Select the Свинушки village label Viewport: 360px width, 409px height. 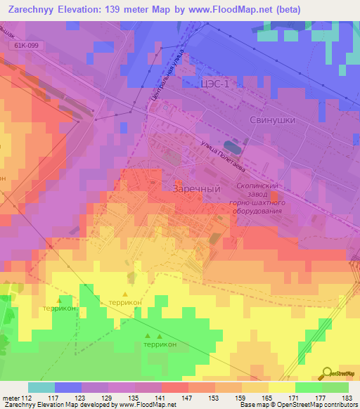272,120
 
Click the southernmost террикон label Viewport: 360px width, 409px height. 160,344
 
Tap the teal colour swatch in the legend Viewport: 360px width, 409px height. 41,387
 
